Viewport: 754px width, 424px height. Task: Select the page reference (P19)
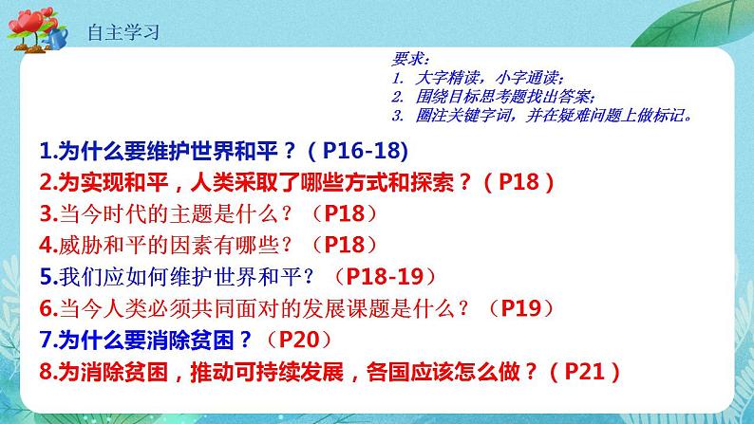[x=522, y=308]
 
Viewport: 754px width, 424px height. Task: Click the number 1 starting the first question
[x=47, y=150]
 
